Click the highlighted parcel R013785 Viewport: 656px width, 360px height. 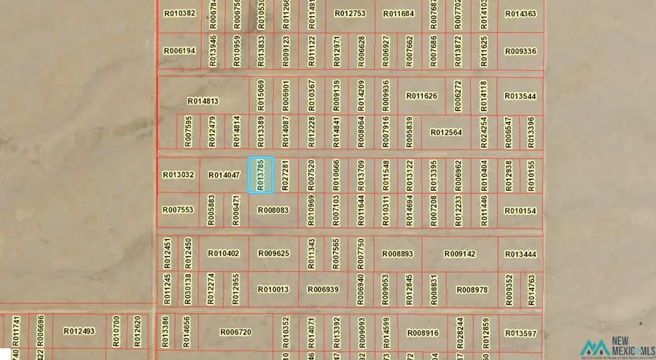tap(260, 175)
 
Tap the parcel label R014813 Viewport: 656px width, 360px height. tap(203, 101)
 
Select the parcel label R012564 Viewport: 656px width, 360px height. tap(446, 133)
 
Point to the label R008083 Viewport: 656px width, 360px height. tap(273, 211)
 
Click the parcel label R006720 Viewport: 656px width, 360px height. tap(235, 332)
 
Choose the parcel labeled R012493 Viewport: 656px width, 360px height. tap(79, 331)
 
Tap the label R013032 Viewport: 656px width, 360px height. tap(178, 175)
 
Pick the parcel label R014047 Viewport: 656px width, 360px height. tap(224, 175)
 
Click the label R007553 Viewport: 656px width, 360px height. tap(178, 210)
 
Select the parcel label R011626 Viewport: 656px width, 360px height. tap(422, 96)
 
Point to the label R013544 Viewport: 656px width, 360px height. tap(520, 96)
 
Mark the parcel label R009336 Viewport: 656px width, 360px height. tap(520, 52)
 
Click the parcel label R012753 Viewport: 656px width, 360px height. tap(350, 14)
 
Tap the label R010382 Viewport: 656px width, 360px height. tap(179, 13)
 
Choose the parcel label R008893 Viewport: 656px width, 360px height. tap(398, 254)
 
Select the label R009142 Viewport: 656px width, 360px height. tap(460, 254)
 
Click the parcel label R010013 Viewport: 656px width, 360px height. tap(273, 289)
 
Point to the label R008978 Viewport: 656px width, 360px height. tap(472, 289)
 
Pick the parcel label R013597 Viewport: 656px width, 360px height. tap(520, 333)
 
